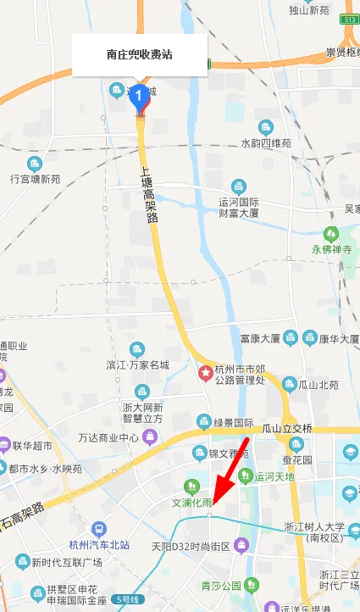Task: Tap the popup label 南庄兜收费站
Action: pos(140,54)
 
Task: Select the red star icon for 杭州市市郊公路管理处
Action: pos(205,372)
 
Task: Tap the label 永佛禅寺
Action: pos(332,250)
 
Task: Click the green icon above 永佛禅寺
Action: pos(331,233)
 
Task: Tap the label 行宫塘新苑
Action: pos(36,179)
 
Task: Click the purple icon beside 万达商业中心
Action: pos(151,437)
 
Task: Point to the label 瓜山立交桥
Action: pos(287,427)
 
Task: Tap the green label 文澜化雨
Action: pos(192,502)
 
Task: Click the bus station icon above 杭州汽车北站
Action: pos(100,529)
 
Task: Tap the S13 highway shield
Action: pos(349,17)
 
